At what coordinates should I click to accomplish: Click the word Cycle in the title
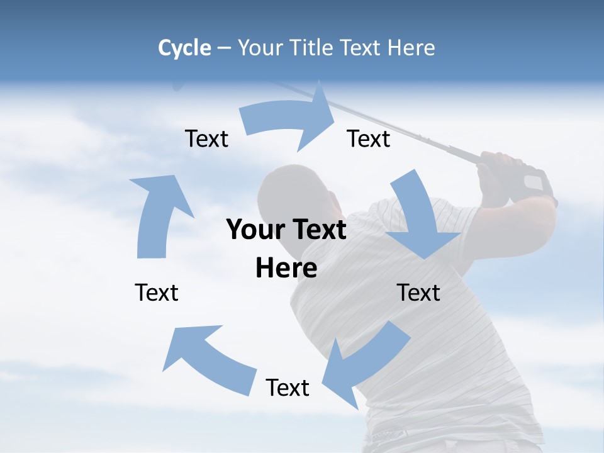(184, 48)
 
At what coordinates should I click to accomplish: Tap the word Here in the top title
(411, 48)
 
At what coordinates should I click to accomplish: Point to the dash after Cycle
(224, 48)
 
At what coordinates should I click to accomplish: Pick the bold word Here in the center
(286, 268)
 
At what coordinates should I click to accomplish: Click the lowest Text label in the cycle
(288, 388)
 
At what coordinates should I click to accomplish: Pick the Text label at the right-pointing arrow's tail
(206, 138)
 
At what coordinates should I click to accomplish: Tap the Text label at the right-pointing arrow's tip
(369, 138)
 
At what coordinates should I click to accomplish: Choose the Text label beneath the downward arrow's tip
(418, 293)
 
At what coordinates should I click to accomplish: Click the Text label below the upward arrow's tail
(157, 293)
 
